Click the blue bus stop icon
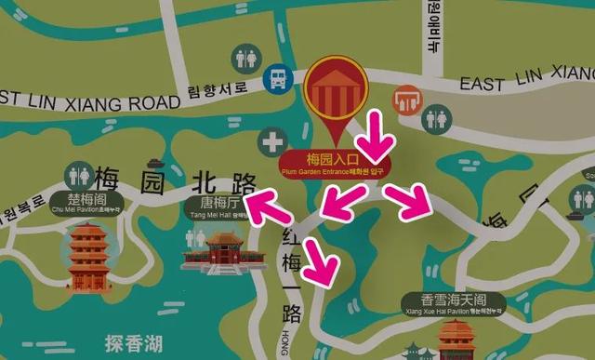pos(276,79)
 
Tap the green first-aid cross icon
pos(272,143)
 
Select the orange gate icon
pos(406,99)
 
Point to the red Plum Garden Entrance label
pos(336,163)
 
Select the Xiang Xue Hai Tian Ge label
pos(454,303)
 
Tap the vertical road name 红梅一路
pos(290,270)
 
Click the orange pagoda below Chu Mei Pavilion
pos(89,255)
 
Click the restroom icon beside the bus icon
pos(246,58)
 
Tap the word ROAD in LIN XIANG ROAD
pos(144,96)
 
